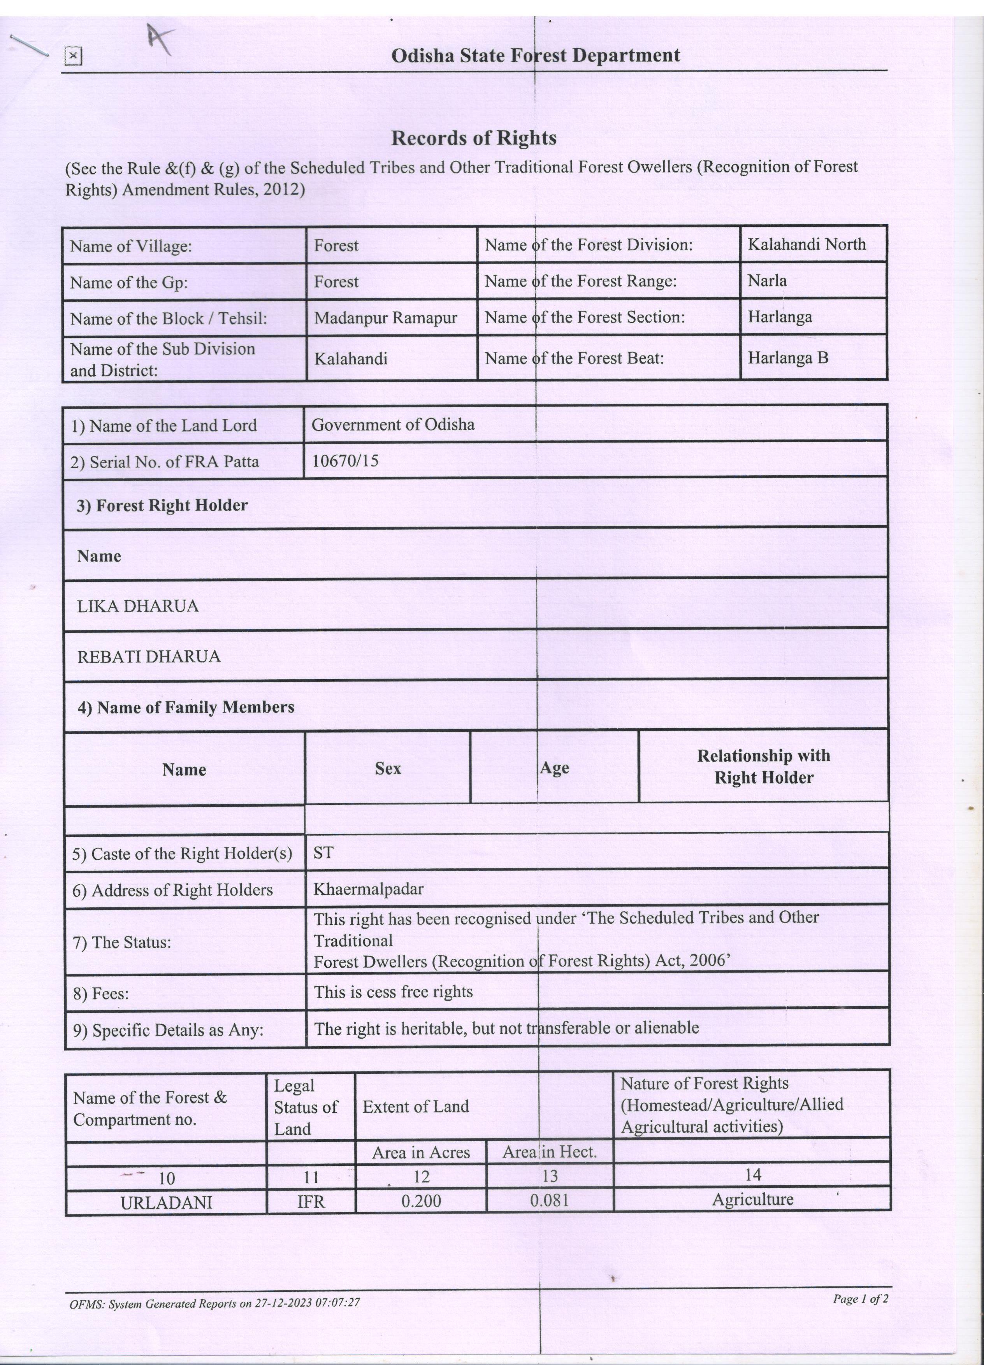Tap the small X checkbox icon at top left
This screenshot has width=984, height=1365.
point(73,56)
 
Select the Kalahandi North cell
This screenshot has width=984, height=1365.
point(807,244)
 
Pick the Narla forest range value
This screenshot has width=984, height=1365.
point(767,281)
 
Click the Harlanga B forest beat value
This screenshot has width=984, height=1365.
point(788,358)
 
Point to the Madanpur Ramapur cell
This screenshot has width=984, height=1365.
point(385,317)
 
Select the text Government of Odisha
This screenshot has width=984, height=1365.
point(392,425)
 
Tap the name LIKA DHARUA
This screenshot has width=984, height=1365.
point(138,606)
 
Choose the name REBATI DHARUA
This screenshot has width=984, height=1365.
point(149,657)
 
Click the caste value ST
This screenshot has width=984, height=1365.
point(323,852)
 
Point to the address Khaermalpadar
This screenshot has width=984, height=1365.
point(368,889)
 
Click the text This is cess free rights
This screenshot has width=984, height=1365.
point(393,992)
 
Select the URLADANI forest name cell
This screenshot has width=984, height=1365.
point(166,1203)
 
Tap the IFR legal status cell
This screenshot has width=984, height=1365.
point(311,1202)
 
